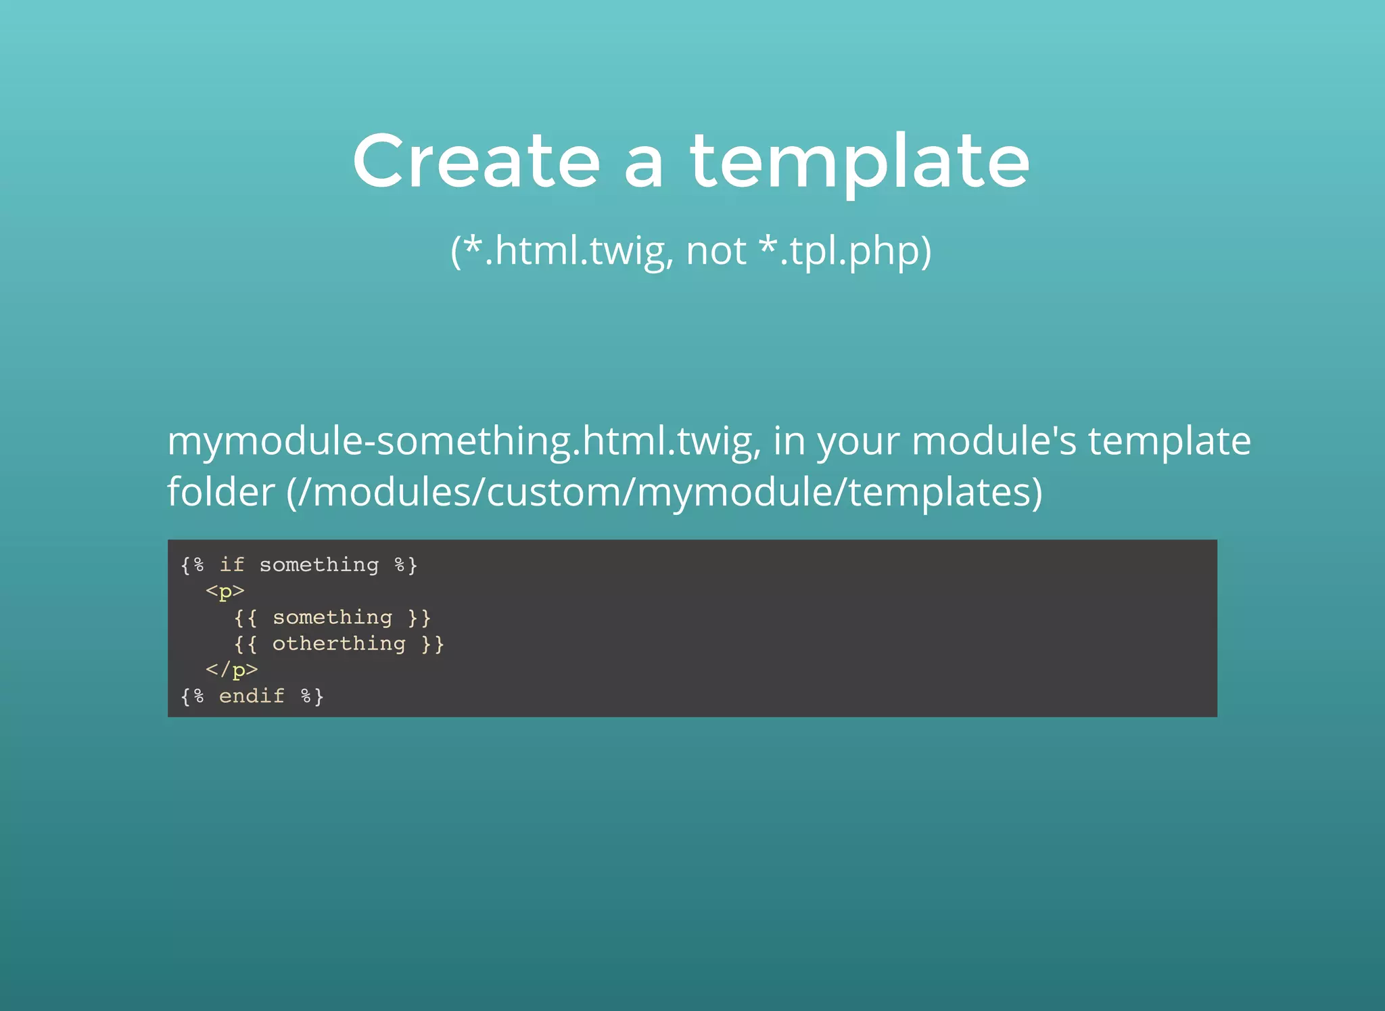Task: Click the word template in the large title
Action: [x=860, y=162]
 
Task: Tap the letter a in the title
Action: [x=643, y=166]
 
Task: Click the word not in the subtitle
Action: [x=715, y=251]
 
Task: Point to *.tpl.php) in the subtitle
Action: [x=845, y=251]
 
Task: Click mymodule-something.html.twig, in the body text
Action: [x=464, y=441]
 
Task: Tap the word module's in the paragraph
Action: [x=993, y=441]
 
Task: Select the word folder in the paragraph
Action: [x=220, y=492]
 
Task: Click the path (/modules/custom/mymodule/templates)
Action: [x=664, y=492]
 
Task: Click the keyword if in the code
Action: [x=232, y=564]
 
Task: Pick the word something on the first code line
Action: [x=319, y=564]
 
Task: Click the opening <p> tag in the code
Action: [x=225, y=591]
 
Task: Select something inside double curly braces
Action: [x=332, y=617]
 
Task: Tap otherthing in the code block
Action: [x=339, y=644]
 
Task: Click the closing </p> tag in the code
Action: [x=232, y=670]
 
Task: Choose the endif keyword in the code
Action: [x=252, y=696]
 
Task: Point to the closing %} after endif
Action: [x=312, y=696]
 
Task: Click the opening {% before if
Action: [x=192, y=564]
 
